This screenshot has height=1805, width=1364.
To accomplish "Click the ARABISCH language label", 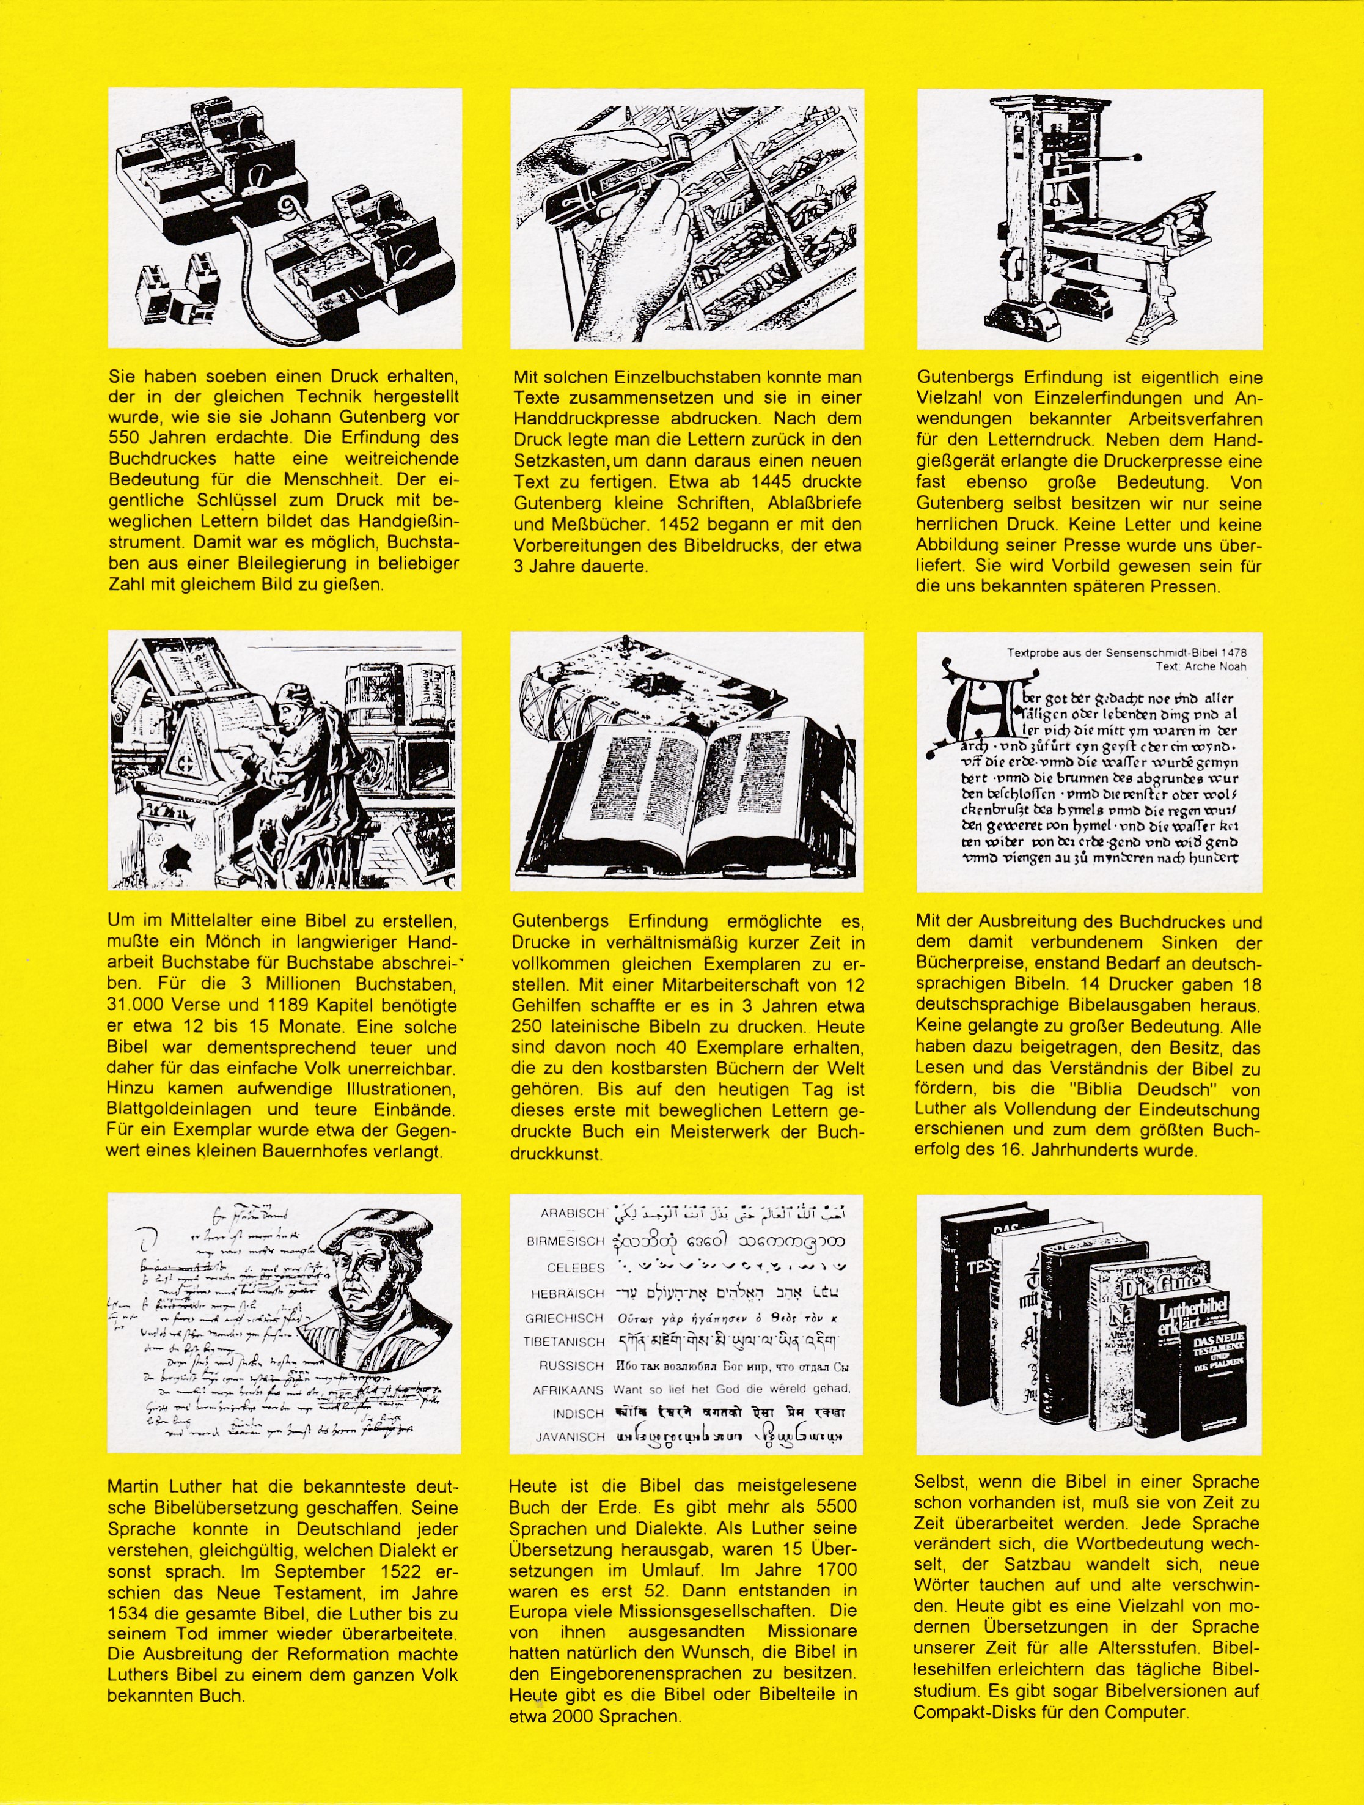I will (x=572, y=1213).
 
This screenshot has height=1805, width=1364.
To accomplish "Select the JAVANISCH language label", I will (x=570, y=1437).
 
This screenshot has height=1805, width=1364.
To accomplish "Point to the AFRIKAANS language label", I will (x=568, y=1390).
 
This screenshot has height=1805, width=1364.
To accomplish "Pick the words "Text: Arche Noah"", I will (x=1200, y=666).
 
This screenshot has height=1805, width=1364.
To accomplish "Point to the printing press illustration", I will (x=1089, y=219).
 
